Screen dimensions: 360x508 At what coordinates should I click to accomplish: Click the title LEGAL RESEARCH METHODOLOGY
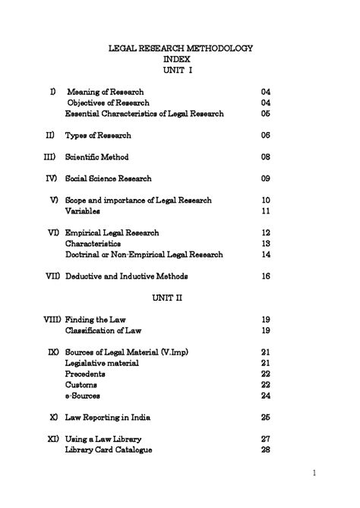180,48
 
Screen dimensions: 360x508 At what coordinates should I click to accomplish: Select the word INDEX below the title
179,58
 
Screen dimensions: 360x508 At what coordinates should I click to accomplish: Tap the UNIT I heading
179,70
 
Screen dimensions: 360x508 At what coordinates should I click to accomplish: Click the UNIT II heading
179,298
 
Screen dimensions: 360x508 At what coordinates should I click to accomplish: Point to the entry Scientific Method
96,157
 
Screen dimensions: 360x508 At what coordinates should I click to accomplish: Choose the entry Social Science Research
109,178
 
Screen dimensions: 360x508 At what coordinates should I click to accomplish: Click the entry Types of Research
98,135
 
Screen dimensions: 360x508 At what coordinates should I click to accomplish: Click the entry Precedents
85,374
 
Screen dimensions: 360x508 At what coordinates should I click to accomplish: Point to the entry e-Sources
83,396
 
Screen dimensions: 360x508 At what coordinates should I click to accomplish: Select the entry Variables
83,211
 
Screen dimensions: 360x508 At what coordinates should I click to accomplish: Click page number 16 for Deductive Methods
266,276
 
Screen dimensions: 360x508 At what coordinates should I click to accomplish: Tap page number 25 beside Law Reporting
266,418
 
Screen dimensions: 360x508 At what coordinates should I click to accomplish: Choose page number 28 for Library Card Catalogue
266,450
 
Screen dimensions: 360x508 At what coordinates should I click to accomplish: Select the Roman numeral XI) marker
53,440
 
